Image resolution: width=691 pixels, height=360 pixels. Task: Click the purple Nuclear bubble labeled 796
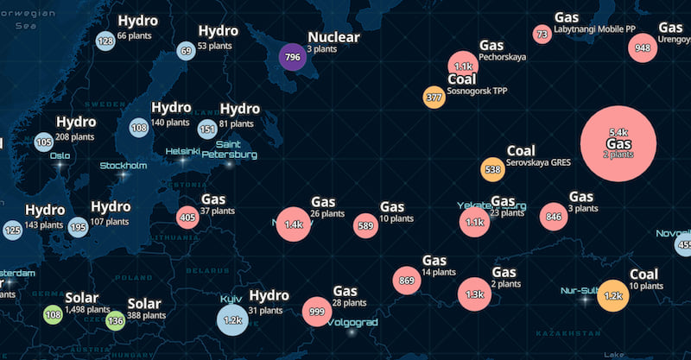click(x=292, y=59)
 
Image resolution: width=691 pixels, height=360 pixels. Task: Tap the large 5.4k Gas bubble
click(x=618, y=143)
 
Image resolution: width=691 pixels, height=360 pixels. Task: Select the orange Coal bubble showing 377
click(x=434, y=98)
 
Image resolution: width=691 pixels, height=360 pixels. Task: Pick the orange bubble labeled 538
click(x=492, y=169)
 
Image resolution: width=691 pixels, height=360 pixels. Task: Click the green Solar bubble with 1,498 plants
click(x=53, y=314)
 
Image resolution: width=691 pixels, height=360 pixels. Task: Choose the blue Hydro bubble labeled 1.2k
click(x=232, y=319)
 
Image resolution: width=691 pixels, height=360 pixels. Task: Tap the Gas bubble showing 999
click(x=317, y=312)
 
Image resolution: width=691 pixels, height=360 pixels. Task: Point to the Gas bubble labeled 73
click(x=542, y=35)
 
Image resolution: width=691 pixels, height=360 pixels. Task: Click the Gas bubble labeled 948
click(x=642, y=48)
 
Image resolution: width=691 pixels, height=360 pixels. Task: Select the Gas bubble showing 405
click(x=187, y=217)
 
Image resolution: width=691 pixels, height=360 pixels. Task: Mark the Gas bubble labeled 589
click(x=365, y=226)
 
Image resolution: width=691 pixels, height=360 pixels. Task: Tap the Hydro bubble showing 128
click(x=105, y=41)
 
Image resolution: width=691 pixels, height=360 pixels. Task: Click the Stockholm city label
click(x=124, y=166)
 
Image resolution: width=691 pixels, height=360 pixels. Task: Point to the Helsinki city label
click(x=183, y=150)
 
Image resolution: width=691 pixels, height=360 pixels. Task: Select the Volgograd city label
click(x=352, y=322)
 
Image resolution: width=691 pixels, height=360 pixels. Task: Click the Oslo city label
click(x=60, y=156)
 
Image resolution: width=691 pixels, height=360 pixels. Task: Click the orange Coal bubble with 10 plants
click(x=613, y=296)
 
